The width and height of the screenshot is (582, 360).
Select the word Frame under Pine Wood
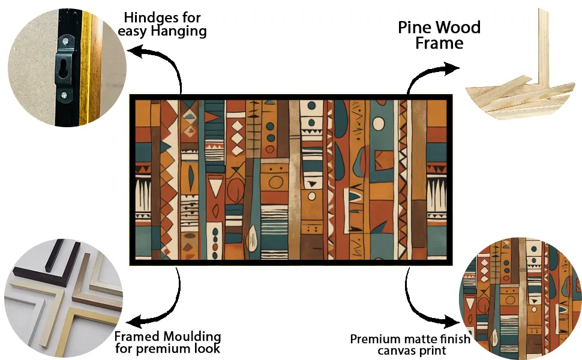pos(439,43)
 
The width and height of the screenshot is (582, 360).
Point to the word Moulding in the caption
pos(193,337)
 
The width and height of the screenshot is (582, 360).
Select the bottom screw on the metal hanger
pos(64,95)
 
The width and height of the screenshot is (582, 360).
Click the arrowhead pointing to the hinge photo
pos(136,52)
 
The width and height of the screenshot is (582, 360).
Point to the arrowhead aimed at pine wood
pos(451,68)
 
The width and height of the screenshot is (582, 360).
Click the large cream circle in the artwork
pos(379,124)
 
